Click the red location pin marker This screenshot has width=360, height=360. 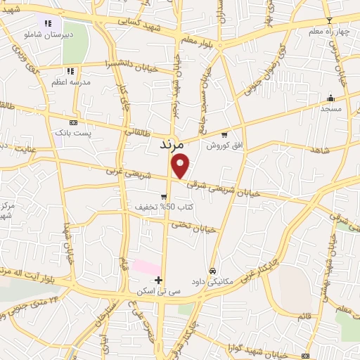click(181, 166)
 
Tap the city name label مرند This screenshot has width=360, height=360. click(171, 146)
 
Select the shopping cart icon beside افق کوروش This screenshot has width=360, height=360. click(224, 134)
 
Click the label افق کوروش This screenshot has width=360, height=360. click(223, 145)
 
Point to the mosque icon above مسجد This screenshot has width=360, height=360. click(330, 98)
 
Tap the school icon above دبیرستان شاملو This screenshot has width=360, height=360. click(47, 23)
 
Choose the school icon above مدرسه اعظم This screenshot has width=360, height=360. click(70, 71)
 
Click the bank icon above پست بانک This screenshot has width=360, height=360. click(73, 122)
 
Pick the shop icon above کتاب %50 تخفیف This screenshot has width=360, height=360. click(163, 197)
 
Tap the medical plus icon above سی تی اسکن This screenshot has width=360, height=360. click(158, 280)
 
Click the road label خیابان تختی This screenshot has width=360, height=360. click(192, 227)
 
